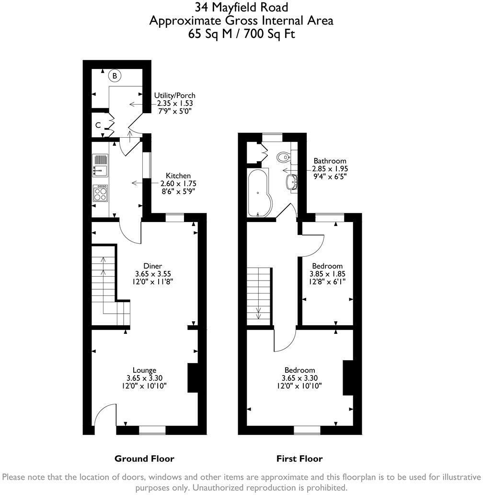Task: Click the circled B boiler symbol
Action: pos(115,76)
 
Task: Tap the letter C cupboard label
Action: pos(98,125)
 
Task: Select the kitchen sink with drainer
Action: pos(100,165)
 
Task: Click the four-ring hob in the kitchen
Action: pos(100,193)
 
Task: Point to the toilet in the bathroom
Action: pos(284,156)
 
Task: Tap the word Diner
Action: pos(152,266)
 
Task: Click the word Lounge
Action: pos(144,370)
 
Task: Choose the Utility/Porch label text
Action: pos(175,95)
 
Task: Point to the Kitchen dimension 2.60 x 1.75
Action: pos(178,183)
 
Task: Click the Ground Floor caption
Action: pos(144,459)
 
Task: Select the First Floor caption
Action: pos(299,459)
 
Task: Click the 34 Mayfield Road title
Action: pos(241,7)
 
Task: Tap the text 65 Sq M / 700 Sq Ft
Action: pos(241,34)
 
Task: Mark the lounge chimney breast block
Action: pos(193,378)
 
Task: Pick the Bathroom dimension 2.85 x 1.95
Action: pos(330,168)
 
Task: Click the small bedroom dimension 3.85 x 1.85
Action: pos(328,274)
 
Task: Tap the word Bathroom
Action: pos(330,161)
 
